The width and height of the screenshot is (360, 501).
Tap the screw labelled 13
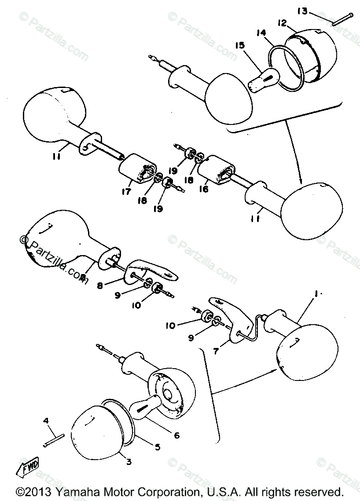tap(342, 19)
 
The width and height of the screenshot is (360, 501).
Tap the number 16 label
tap(204, 188)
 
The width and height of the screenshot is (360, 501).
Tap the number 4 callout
tap(45, 421)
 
